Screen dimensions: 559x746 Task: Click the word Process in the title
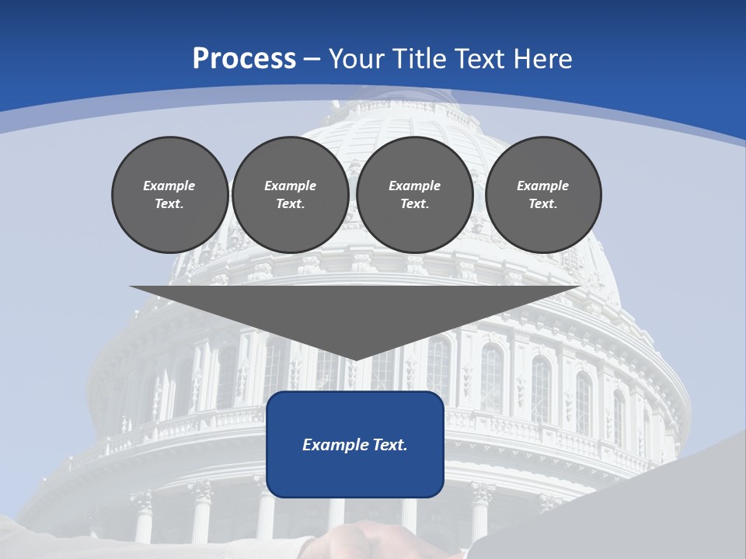coord(244,59)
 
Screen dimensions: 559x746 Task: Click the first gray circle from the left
coord(170,195)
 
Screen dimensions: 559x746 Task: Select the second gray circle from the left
coord(291,195)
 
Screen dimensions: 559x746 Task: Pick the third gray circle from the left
coord(415,195)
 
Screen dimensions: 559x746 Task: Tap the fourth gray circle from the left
coord(543,195)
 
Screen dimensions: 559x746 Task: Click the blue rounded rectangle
coord(355,466)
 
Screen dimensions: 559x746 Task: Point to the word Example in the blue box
coord(332,445)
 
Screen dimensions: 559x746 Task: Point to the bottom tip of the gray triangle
coord(355,359)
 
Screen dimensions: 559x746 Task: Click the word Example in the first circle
coord(169,186)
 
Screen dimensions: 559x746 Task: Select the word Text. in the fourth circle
coord(543,204)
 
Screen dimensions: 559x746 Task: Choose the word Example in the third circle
coord(415,186)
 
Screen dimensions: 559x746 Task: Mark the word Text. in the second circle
coord(291,204)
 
